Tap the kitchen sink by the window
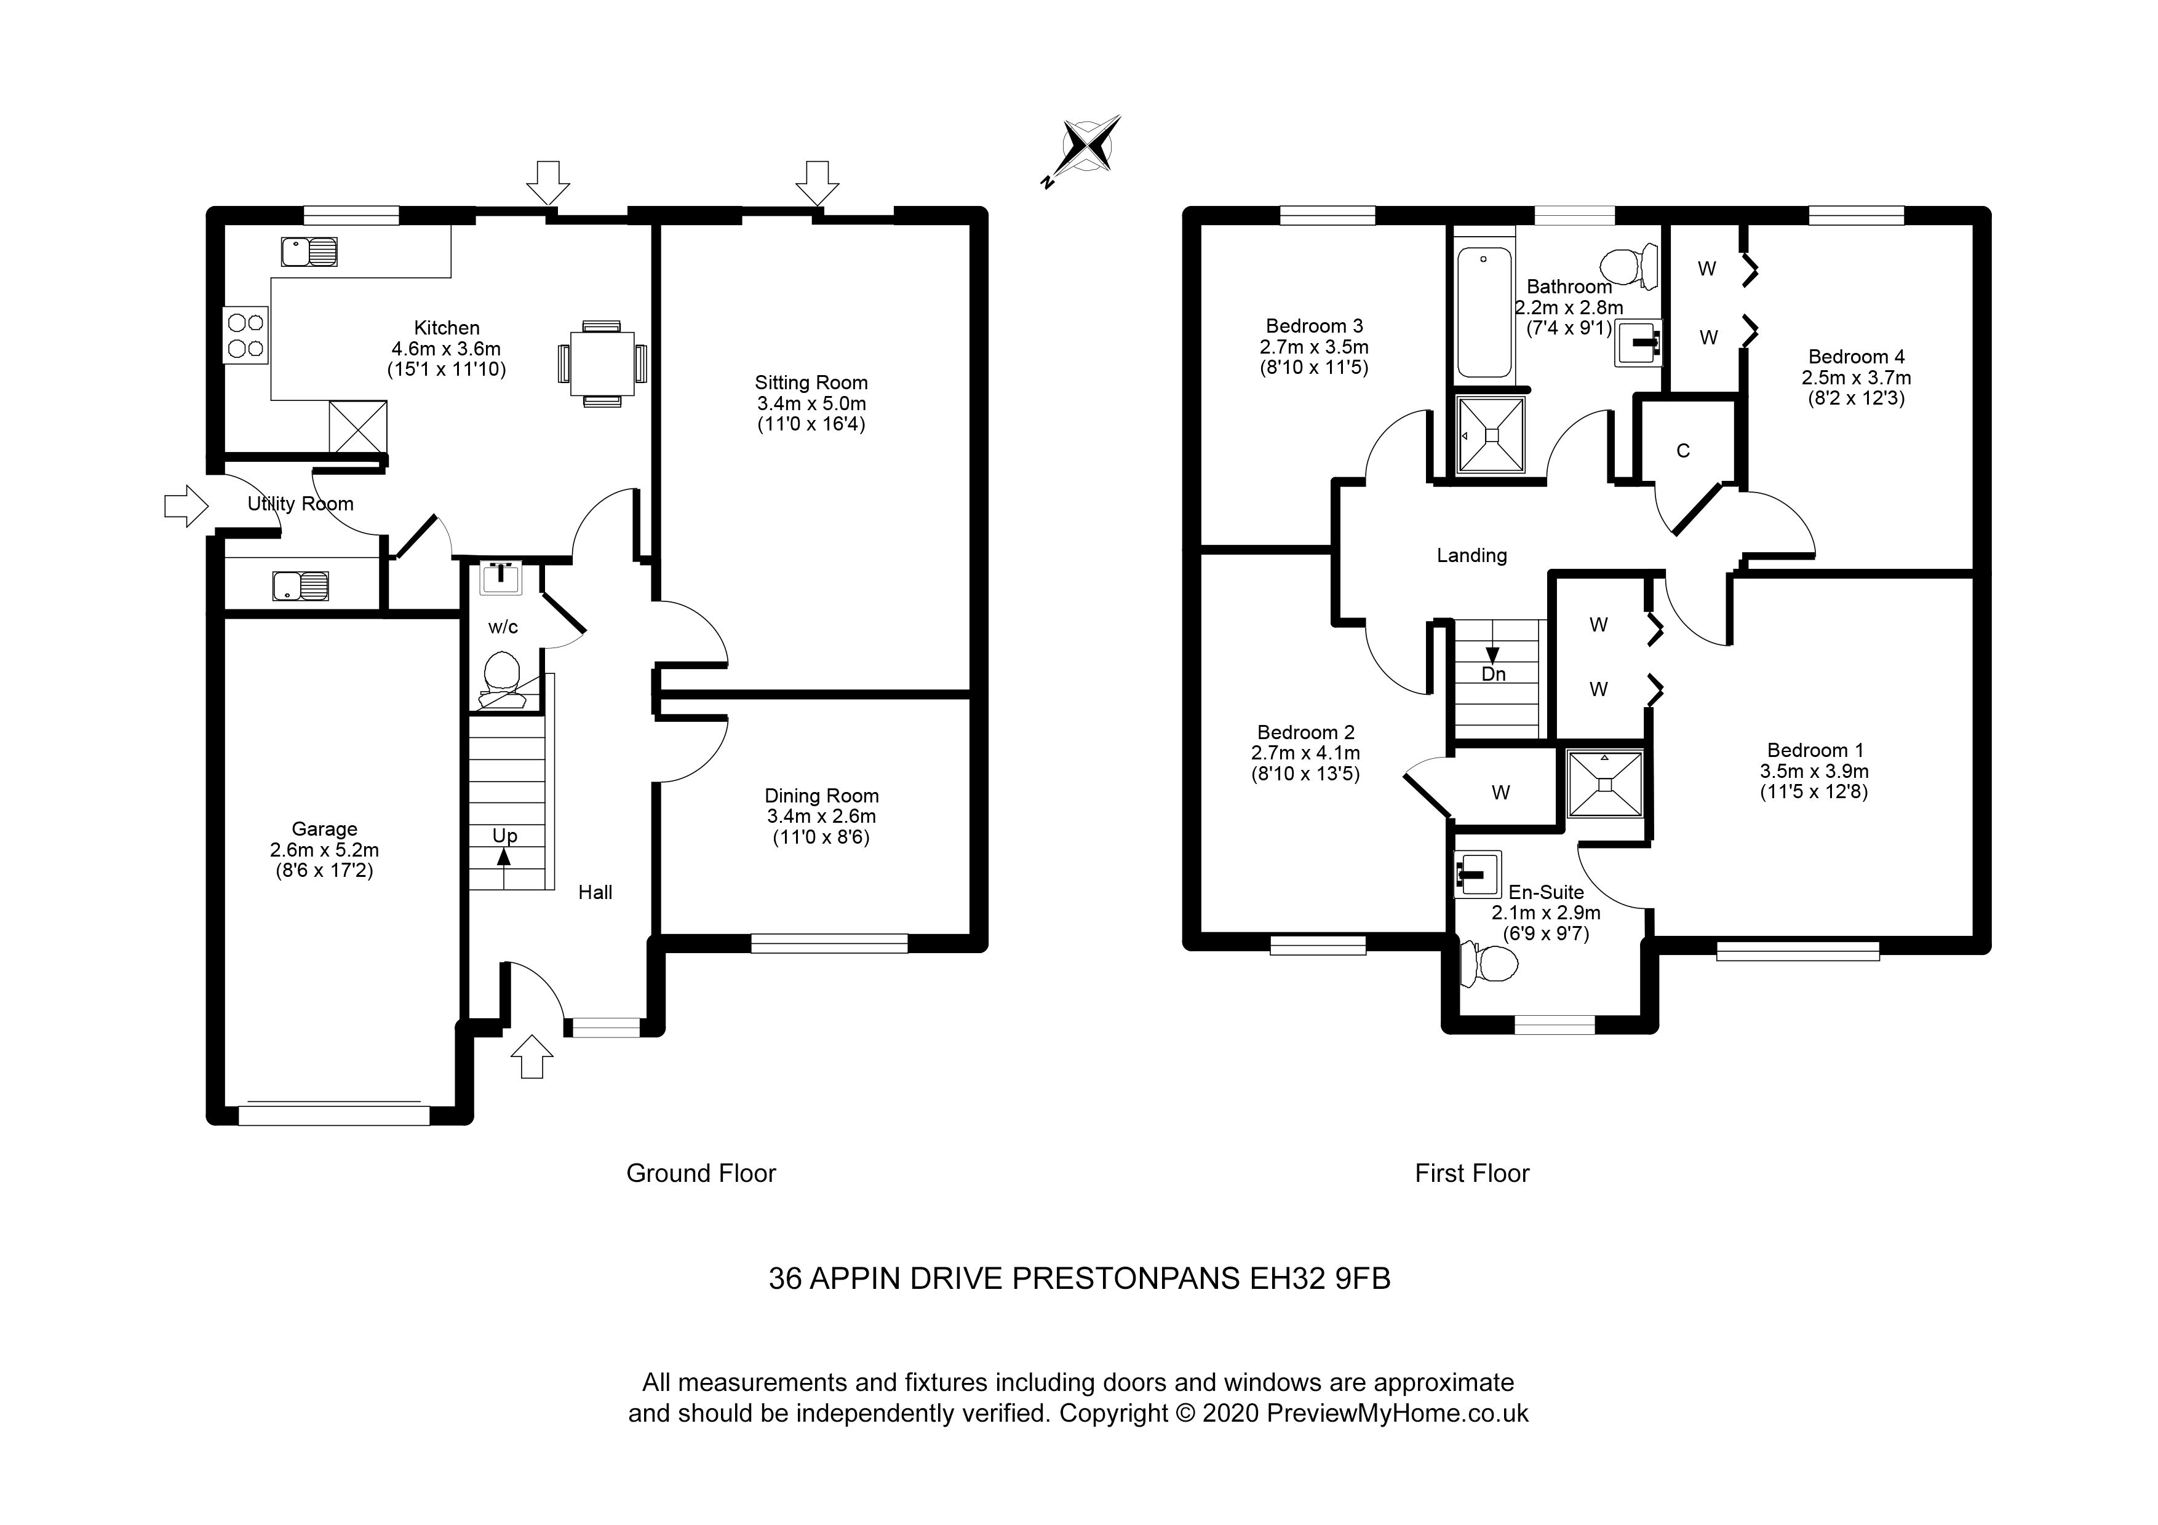[x=308, y=252]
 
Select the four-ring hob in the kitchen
[x=246, y=336]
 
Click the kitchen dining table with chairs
[x=602, y=363]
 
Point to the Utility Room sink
[x=301, y=586]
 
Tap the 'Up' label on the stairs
[x=504, y=835]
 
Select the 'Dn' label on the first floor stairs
[x=1494, y=674]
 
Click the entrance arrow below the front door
[x=532, y=1056]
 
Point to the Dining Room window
[x=829, y=943]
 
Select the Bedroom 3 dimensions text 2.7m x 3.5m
[x=1314, y=347]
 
